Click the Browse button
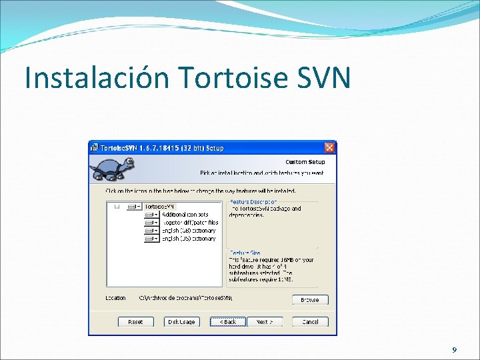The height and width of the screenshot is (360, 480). pos(309,300)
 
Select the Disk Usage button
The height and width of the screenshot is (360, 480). pos(181,321)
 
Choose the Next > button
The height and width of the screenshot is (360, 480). pos(265,321)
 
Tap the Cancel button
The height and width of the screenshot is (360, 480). pos(310,321)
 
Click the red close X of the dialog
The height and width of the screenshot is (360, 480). pos(329,147)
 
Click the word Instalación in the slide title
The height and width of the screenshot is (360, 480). pos(97,77)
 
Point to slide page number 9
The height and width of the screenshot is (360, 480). pos(454,349)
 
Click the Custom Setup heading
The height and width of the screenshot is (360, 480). pos(305,162)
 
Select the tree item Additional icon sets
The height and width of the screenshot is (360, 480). pos(185,215)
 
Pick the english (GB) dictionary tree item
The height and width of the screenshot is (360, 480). pos(189,231)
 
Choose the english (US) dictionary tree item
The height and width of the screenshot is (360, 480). pos(189,238)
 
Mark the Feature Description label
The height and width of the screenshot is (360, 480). pos(253,201)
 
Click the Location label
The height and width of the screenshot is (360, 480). pos(115,298)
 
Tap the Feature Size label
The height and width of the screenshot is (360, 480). pos(245,253)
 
